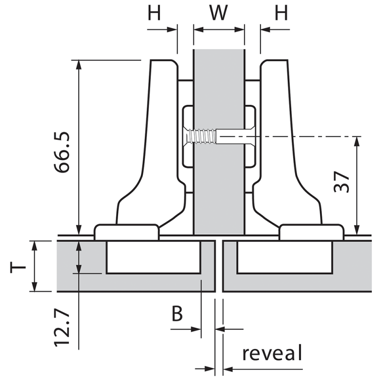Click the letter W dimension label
tap(219, 13)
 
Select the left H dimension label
tap(154, 13)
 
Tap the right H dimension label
tap(281, 13)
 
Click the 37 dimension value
tap(342, 181)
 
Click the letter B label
tap(177, 313)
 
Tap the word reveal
tap(272, 353)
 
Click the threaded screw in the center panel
tap(202, 137)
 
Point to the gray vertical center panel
tap(219, 190)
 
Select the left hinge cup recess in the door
tap(153, 257)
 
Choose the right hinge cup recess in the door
tap(285, 257)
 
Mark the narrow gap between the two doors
tap(219, 267)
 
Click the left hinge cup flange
tap(127, 232)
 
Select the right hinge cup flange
tap(311, 232)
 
